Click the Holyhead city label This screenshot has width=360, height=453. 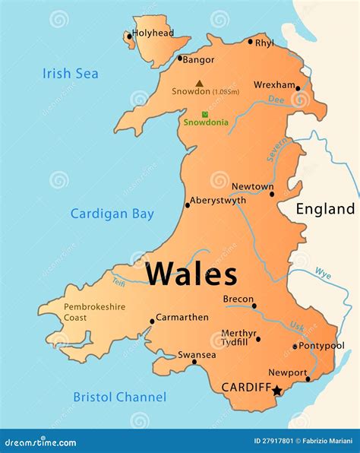click(153, 33)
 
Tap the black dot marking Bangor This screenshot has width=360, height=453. click(180, 59)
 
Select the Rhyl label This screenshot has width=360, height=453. click(265, 43)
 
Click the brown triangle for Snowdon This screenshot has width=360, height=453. click(199, 84)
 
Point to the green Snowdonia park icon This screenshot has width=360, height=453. click(204, 114)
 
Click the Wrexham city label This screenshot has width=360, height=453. click(273, 84)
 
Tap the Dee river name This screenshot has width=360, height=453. click(277, 99)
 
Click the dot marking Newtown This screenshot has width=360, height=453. click(272, 194)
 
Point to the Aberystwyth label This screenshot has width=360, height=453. click(218, 201)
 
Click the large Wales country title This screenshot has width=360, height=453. click(191, 274)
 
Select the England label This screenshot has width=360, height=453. click(325, 209)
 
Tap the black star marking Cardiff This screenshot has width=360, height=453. click(277, 391)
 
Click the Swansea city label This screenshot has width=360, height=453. click(197, 354)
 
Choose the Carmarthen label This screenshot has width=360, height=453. click(182, 317)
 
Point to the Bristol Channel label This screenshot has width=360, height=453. click(119, 397)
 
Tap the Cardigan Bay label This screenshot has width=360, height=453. click(112, 214)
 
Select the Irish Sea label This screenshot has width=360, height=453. click(70, 74)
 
